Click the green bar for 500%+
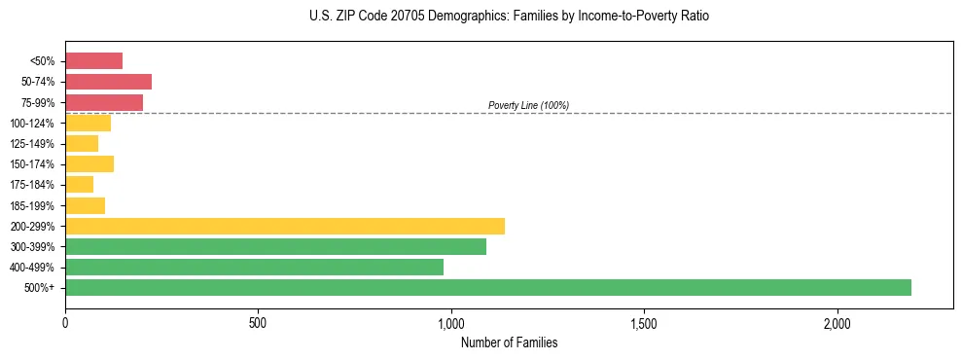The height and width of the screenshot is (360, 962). (x=488, y=287)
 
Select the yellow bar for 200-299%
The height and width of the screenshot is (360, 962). (x=285, y=226)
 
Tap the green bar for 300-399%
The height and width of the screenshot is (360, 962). (x=275, y=246)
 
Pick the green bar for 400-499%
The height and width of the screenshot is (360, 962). (x=254, y=267)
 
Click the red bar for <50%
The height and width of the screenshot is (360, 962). (x=93, y=61)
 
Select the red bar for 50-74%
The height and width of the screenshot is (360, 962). (x=108, y=82)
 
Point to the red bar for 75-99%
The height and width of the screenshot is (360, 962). (x=104, y=102)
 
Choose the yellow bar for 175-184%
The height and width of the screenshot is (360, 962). (x=79, y=185)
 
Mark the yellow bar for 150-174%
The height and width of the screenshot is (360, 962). (x=89, y=163)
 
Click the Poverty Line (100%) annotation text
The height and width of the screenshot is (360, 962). (x=528, y=105)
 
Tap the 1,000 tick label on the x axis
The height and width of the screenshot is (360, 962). (x=451, y=323)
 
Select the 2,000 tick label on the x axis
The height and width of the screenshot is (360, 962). (x=837, y=323)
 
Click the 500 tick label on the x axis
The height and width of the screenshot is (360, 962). (x=258, y=323)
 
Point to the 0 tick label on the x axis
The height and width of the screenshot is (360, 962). (x=65, y=323)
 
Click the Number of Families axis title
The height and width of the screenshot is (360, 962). (x=509, y=342)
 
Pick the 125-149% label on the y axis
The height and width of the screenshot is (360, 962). (x=31, y=144)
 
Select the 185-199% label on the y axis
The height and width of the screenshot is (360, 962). (x=31, y=205)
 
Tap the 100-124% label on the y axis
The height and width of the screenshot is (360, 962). (x=31, y=124)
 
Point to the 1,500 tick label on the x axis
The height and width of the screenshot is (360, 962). (x=644, y=323)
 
